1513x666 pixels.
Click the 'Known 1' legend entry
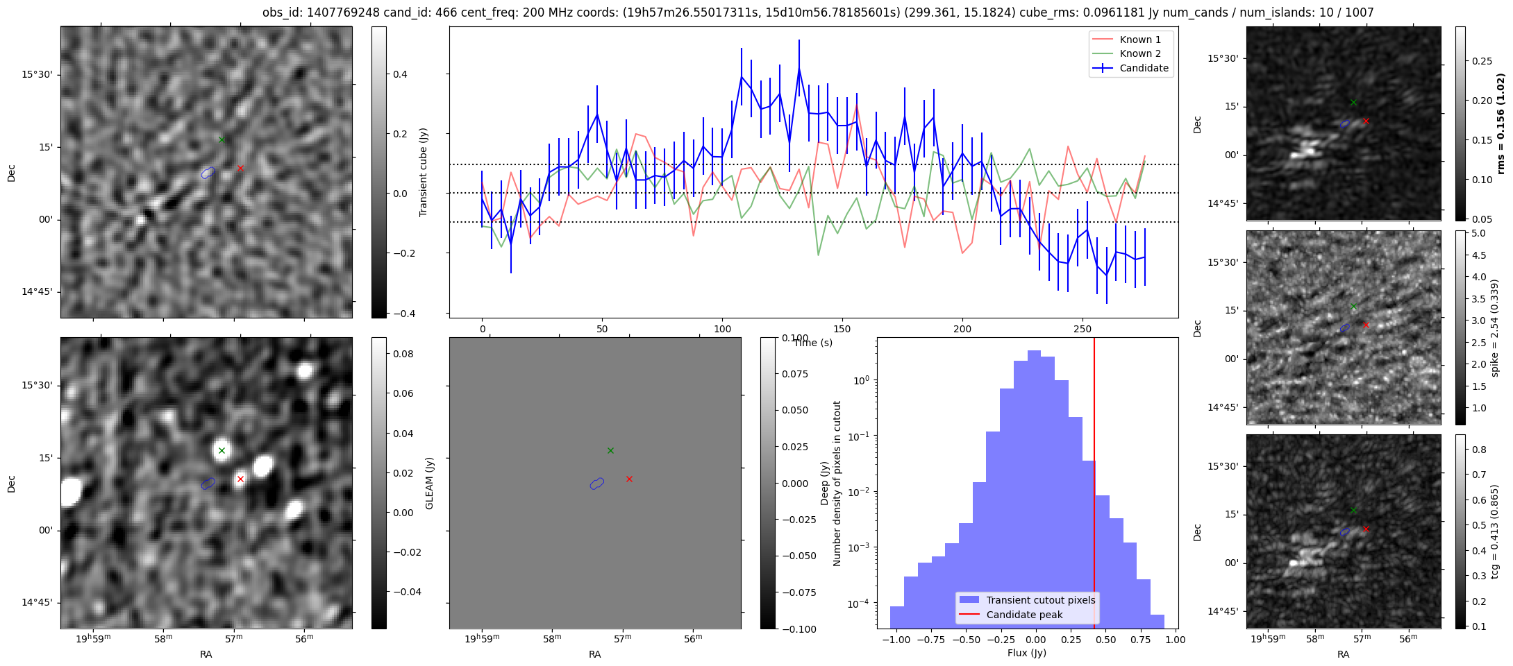point(1139,40)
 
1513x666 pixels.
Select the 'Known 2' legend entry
point(1139,53)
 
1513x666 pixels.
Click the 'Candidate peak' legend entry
point(1024,615)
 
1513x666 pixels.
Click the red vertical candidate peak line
point(1094,486)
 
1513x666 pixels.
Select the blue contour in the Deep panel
point(596,483)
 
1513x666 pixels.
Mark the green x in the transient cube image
point(221,139)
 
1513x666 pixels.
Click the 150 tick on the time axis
point(842,329)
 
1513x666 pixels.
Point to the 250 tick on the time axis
point(1082,329)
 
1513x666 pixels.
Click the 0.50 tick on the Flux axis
point(1105,640)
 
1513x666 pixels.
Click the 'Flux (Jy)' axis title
point(1026,653)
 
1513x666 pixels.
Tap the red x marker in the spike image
point(1366,325)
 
